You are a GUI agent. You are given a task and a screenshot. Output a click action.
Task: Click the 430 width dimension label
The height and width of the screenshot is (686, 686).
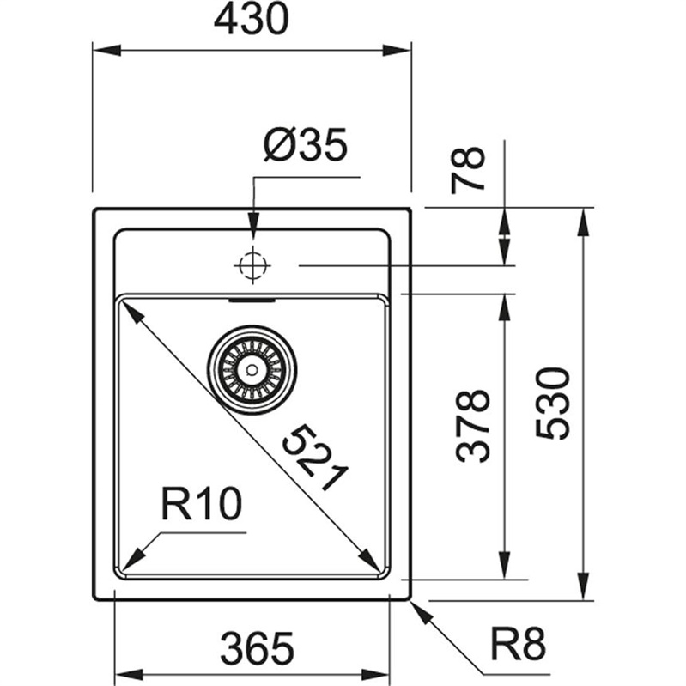coord(253,21)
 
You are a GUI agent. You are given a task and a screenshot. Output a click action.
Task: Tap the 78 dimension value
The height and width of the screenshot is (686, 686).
coord(470,168)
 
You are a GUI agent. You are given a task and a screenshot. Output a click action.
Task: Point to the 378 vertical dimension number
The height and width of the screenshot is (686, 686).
coord(473,427)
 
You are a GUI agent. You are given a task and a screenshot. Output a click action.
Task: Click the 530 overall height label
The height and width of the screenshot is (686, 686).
coord(554,404)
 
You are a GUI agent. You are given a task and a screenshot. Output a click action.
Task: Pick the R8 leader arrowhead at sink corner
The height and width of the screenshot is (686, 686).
coord(418,608)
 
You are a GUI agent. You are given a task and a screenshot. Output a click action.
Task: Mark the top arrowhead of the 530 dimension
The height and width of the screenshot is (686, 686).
coord(585,219)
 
